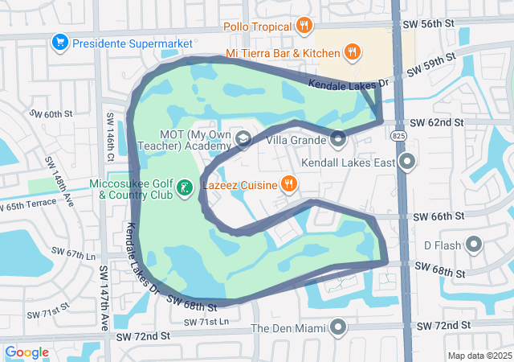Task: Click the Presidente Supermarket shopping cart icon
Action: coord(59,41)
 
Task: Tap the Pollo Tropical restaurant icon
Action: coord(304,26)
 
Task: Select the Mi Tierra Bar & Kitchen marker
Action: coord(352,53)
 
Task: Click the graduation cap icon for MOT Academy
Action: coord(242,140)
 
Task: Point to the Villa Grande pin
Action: coord(338,140)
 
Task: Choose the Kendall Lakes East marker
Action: coord(407,162)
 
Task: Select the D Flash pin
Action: coord(473,245)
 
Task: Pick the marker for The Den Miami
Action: coord(338,327)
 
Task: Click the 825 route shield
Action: coord(399,138)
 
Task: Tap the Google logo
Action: coord(27,352)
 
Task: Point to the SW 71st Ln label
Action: coord(206,322)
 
